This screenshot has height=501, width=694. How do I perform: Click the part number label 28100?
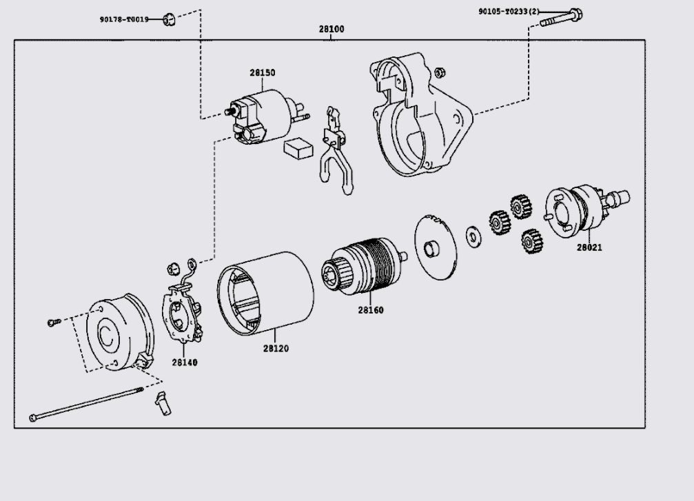coord(331,30)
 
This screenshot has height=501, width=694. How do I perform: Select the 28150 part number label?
coord(263,72)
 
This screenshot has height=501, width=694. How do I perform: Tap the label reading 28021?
coord(589,248)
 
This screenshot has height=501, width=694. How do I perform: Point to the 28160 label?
coord(371,310)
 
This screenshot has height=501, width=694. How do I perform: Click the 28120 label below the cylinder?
coord(276,349)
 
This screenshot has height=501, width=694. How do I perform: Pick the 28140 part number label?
coord(185,362)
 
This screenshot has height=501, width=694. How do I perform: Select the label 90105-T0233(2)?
coord(509,11)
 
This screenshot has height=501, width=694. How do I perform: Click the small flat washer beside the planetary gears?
coord(473,237)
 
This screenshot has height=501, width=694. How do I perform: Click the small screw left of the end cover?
coord(53,323)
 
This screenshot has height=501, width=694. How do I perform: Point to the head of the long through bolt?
coord(33,417)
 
